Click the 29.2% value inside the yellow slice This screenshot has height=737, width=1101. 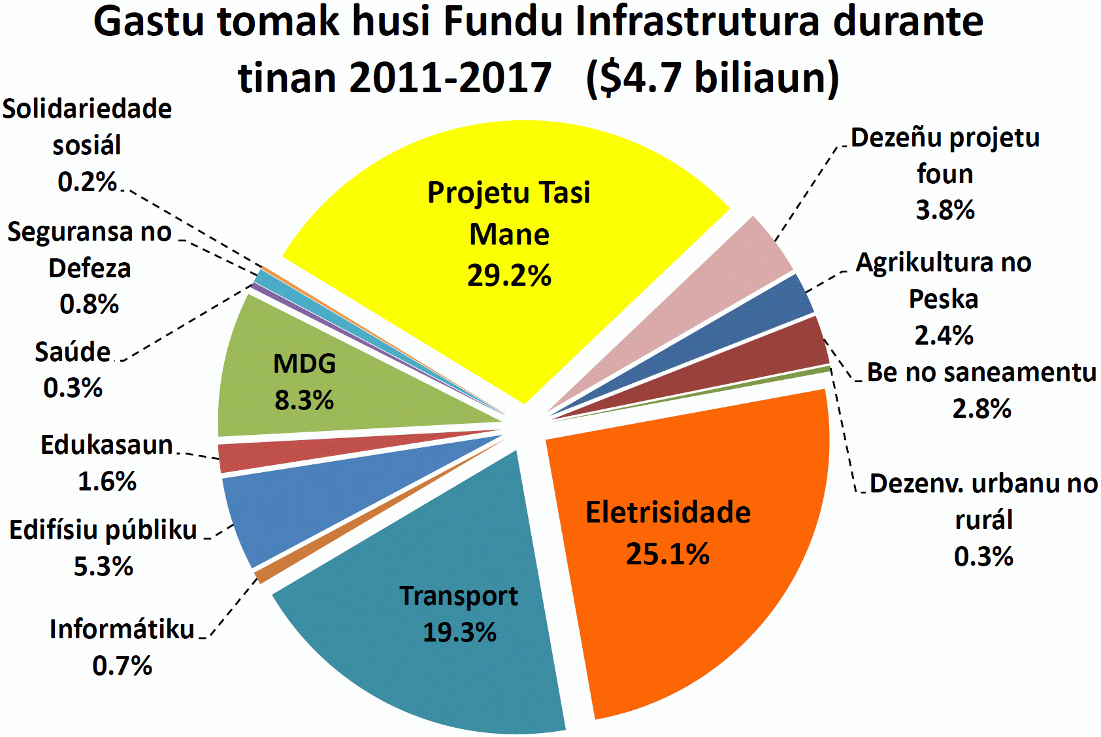point(509,275)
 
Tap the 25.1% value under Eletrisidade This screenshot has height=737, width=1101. point(667,555)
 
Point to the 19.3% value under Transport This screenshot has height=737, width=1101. point(459,632)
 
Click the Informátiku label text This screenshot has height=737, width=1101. point(122,629)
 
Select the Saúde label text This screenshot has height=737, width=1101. point(73,352)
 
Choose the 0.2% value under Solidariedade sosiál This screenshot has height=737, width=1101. point(87,182)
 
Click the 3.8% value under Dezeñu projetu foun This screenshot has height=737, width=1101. point(945,210)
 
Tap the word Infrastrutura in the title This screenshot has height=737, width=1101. point(697,22)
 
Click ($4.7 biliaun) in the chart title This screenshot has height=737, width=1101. point(712,77)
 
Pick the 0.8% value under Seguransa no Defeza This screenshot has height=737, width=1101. point(89,304)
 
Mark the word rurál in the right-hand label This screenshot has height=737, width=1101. point(983,520)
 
